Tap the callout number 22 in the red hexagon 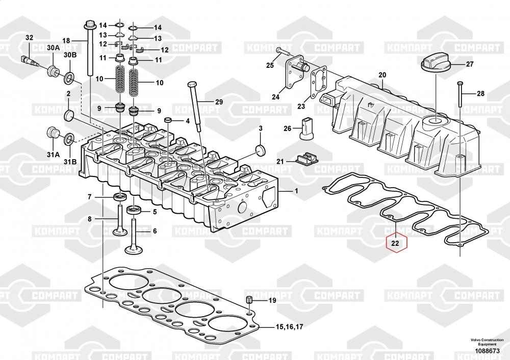click(396, 244)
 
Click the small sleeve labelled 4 click(168, 121)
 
